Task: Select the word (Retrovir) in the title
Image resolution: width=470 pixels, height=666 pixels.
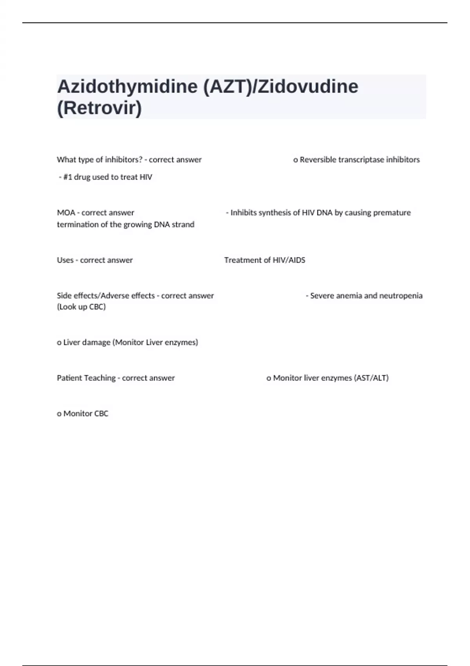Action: pyautogui.click(x=99, y=108)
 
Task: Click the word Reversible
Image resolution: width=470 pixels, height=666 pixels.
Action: pyautogui.click(x=318, y=159)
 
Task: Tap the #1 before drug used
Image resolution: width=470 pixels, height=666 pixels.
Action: pyautogui.click(x=67, y=177)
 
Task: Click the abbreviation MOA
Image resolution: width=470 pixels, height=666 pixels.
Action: pyautogui.click(x=66, y=213)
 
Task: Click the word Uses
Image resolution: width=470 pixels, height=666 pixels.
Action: pyautogui.click(x=65, y=260)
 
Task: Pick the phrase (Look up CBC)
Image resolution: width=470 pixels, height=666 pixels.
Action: pyautogui.click(x=81, y=307)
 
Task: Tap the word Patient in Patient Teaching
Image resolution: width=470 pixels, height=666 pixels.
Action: pyautogui.click(x=69, y=378)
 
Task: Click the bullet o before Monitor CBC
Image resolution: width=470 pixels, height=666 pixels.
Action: pyautogui.click(x=59, y=414)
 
